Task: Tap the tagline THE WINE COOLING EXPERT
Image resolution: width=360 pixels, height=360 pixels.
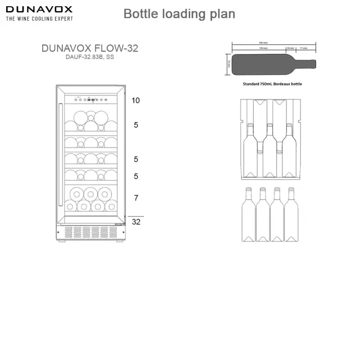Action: [x=39, y=19]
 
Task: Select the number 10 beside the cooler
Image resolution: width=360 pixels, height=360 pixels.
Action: [x=136, y=101]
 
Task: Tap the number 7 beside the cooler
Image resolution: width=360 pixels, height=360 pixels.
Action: [x=136, y=198]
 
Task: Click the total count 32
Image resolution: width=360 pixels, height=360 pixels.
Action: [x=136, y=222]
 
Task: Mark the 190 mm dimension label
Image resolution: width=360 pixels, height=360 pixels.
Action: [x=263, y=48]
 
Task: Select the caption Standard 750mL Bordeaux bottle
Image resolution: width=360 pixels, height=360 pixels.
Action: [x=272, y=84]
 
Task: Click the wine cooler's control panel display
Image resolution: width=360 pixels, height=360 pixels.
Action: [x=90, y=101]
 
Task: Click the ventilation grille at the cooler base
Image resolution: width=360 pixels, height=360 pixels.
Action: [x=90, y=231]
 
